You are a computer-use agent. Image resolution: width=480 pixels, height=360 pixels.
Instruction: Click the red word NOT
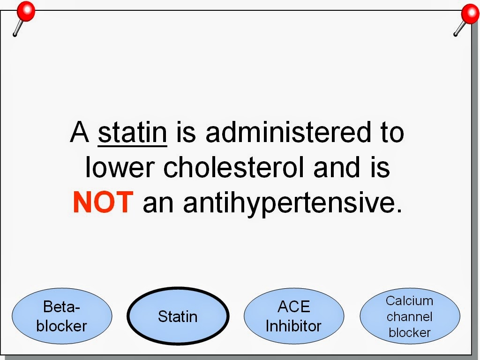(103, 202)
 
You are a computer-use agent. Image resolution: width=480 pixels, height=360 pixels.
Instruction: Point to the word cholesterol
(234, 167)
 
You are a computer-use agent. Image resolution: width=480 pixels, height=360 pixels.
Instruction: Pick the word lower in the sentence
(120, 167)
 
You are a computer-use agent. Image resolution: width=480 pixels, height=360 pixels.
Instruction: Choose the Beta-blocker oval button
(62, 316)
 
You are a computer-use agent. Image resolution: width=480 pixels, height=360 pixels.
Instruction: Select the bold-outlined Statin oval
(178, 316)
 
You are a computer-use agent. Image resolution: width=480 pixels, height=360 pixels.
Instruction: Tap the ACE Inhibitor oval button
(294, 316)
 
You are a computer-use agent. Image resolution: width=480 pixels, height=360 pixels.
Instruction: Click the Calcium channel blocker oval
(410, 316)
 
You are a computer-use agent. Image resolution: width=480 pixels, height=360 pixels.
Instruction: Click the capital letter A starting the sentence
(80, 132)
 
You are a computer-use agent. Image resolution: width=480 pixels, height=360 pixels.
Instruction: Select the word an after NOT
(158, 204)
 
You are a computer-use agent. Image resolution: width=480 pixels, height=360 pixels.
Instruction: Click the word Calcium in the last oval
(409, 300)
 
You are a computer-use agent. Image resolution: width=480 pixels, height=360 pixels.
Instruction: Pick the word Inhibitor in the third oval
(293, 326)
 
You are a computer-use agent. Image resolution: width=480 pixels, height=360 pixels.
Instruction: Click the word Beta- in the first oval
(61, 307)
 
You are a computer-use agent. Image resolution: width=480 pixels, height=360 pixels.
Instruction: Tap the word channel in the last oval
(409, 316)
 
